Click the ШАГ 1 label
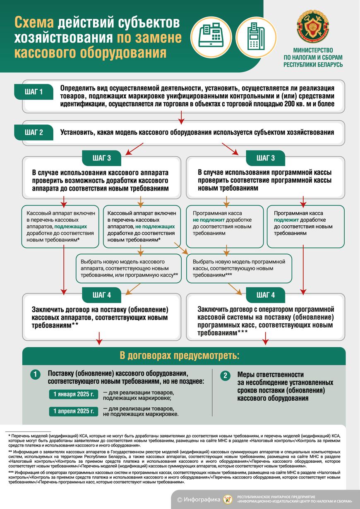coord(34,92)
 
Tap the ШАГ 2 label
coord(34,133)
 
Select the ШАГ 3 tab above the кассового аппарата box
coord(102,158)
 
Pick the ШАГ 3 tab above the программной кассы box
coord(266,158)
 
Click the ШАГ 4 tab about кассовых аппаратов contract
coord(102,295)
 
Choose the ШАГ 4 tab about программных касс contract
coord(266,295)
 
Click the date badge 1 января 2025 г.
coord(74,394)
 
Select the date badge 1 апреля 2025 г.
coord(74,411)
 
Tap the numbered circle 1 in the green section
coord(35,375)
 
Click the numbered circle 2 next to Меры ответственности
coord(225,375)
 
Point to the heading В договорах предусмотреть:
coord(180,356)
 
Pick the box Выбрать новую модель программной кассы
coord(239,268)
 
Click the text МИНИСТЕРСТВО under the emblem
coord(313,49)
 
